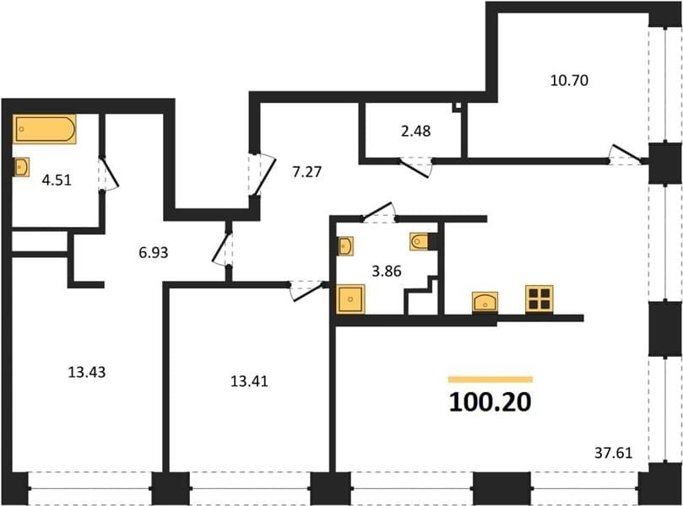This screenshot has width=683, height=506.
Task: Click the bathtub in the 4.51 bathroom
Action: coord(45,129)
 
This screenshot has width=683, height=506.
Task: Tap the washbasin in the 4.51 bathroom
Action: coord(21,167)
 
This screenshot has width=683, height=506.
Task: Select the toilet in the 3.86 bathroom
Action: coord(420,241)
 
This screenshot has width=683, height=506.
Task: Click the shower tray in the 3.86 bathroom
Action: coord(351,299)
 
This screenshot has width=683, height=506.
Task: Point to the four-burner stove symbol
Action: coord(539,299)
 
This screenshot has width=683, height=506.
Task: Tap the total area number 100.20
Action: coord(490,402)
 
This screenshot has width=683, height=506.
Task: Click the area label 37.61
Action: coord(613,454)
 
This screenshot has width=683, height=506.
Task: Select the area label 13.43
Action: coord(87,373)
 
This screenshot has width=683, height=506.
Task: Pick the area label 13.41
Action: coord(249,381)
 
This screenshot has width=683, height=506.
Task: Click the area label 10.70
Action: coord(569,80)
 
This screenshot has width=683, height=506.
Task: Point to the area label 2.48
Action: coord(416,131)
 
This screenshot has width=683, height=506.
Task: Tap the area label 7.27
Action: coord(307,172)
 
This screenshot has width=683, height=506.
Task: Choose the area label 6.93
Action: coord(154,253)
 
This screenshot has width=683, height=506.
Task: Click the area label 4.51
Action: coord(57,180)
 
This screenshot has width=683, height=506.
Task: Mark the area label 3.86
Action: coord(387,272)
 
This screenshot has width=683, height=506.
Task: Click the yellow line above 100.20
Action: coord(491,379)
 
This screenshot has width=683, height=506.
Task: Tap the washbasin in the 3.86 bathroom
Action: coord(345,246)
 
